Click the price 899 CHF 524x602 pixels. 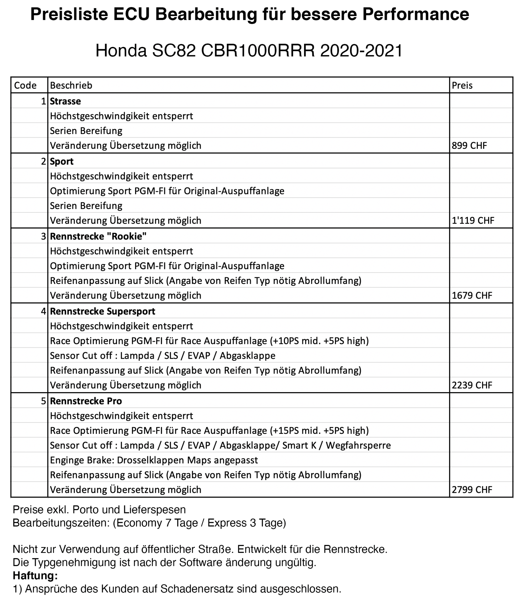(x=469, y=146)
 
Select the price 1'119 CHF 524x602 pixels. (x=473, y=220)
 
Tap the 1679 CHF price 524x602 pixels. (x=472, y=295)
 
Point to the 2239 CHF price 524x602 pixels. (x=472, y=385)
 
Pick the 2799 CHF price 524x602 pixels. (x=472, y=490)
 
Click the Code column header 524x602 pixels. (x=25, y=86)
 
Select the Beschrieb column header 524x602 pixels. (x=71, y=86)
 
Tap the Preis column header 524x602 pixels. (x=462, y=86)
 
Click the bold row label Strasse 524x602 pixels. (x=65, y=101)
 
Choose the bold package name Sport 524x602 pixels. (x=62, y=162)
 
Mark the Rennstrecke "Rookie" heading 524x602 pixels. (x=98, y=236)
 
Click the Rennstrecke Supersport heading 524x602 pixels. (x=103, y=311)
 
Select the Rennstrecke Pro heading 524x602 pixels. (x=86, y=401)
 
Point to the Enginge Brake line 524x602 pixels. (x=154, y=460)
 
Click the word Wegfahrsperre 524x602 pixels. (x=358, y=445)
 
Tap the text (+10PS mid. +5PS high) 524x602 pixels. (x=320, y=341)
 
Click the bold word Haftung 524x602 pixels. (x=35, y=575)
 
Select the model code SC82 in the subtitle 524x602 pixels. (x=174, y=51)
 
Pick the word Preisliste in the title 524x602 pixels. (x=69, y=14)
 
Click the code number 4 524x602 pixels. (x=44, y=311)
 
